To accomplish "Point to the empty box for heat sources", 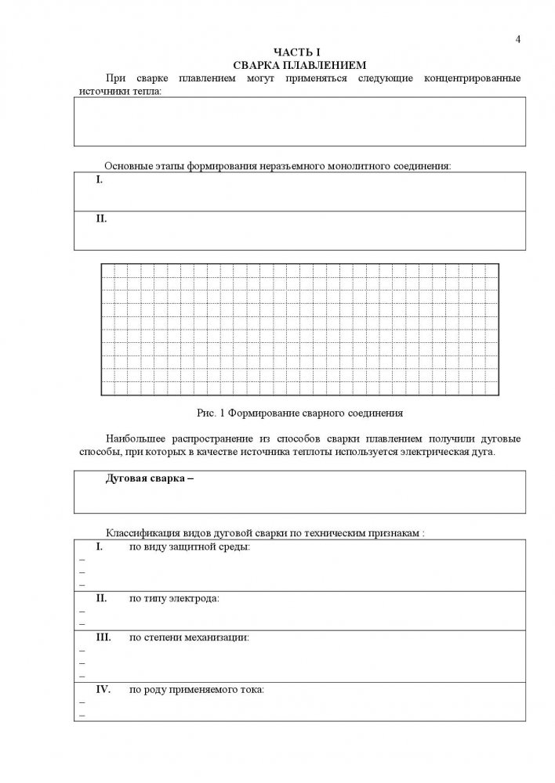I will pos(299,121).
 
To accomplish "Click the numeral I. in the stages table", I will pos(100,180).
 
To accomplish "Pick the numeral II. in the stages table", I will pos(101,218).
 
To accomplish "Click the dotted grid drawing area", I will pos(299,329).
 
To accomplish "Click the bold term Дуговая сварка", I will pos(146,479).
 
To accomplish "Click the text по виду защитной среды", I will pos(190,546).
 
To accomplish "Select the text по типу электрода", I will pos(174,598).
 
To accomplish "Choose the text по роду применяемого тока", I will pos(197,690).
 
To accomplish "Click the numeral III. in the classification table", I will pos(105,637).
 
